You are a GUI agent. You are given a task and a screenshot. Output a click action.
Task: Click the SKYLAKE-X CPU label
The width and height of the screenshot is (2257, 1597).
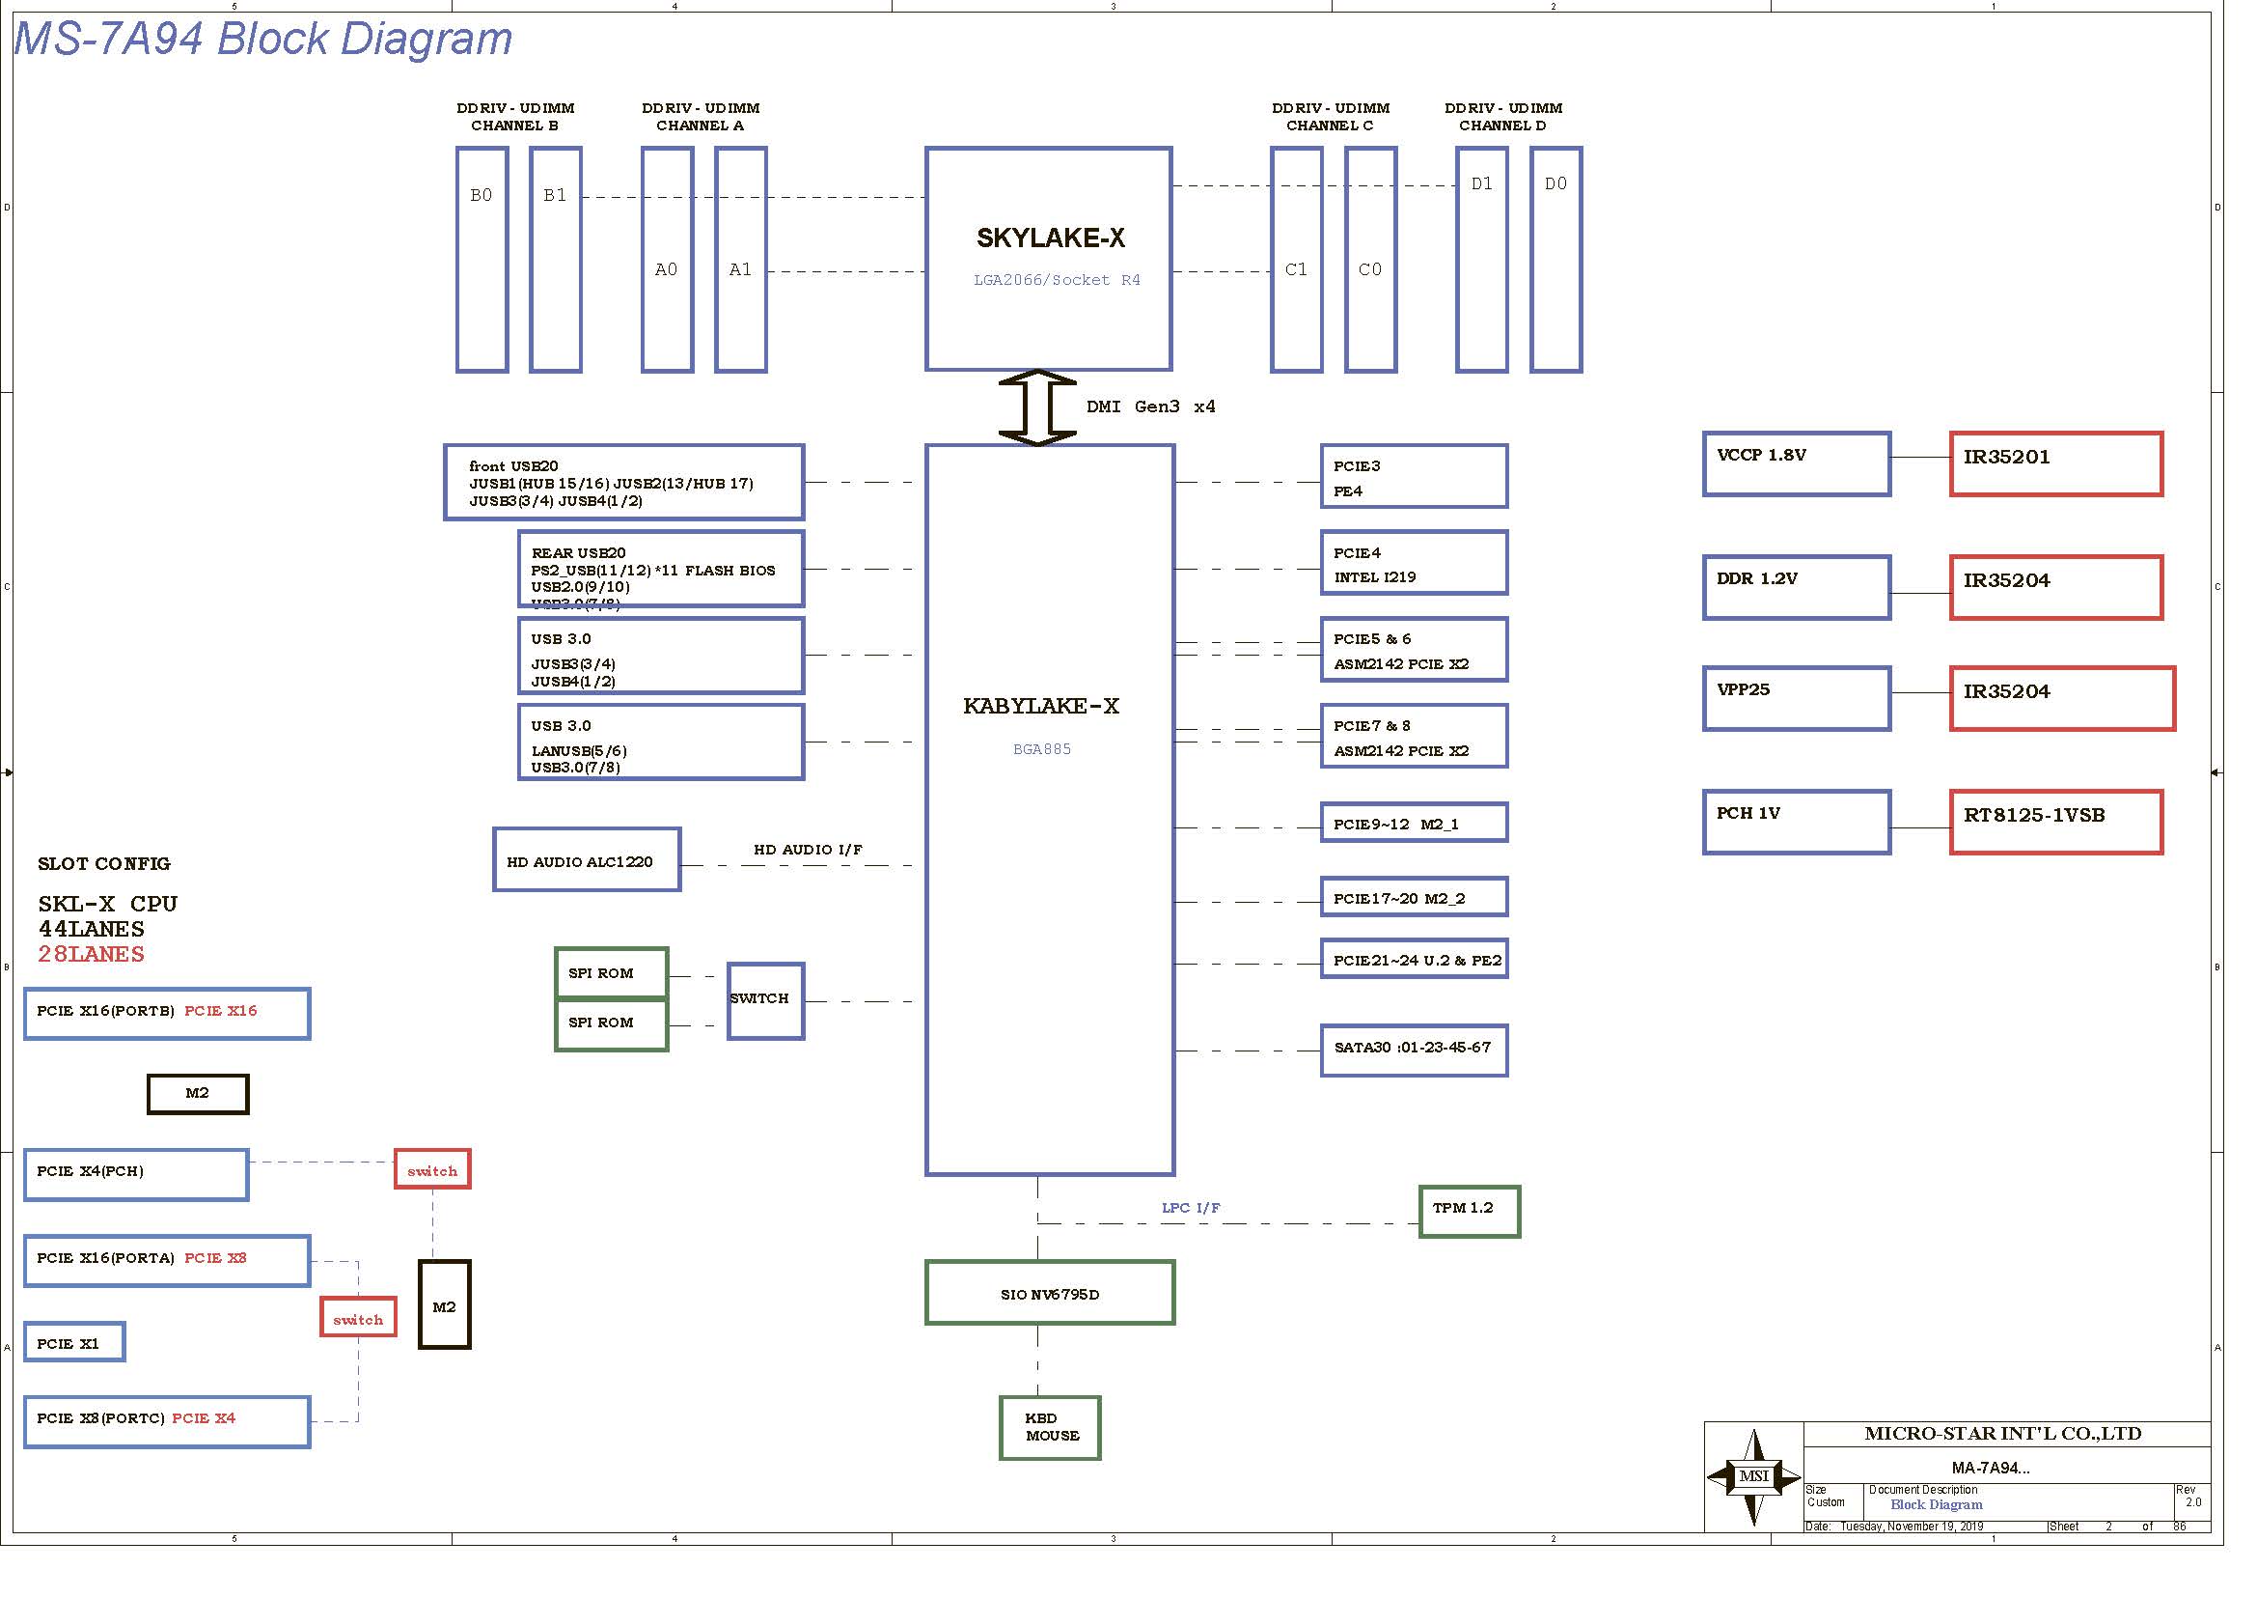click(1050, 238)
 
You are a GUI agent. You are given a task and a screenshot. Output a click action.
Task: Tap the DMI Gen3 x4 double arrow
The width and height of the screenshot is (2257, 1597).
click(1037, 407)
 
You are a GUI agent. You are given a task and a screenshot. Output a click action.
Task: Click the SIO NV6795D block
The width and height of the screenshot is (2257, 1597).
click(1049, 1293)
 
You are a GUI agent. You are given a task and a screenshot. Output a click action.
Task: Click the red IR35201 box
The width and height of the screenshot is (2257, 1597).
click(2055, 463)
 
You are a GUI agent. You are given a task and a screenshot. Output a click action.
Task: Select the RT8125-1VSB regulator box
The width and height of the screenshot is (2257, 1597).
click(2055, 821)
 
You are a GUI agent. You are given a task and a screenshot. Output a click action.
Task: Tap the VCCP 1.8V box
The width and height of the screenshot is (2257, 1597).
click(1796, 463)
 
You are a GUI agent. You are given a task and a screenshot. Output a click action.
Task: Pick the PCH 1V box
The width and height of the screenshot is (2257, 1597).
click(1796, 821)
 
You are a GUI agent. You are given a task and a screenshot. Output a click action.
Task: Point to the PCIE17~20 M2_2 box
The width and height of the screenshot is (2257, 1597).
click(1413, 897)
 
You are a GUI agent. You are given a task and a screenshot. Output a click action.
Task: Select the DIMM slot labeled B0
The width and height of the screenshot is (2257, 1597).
click(482, 260)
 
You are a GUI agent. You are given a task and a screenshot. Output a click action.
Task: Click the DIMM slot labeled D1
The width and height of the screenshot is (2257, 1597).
click(1481, 260)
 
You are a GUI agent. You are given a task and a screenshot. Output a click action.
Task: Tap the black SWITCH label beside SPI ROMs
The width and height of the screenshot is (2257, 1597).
click(758, 998)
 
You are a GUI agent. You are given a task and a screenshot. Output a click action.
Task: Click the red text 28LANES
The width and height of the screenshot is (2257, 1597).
click(91, 954)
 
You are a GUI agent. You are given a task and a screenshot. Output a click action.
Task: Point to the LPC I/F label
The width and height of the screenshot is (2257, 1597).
click(1191, 1208)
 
